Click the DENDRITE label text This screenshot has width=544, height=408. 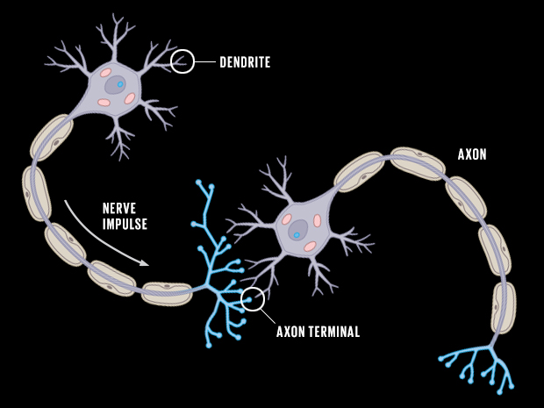(x=245, y=62)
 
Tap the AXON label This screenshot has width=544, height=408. (x=472, y=154)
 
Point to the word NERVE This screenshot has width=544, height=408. (x=119, y=209)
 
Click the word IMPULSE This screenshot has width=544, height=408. (x=125, y=224)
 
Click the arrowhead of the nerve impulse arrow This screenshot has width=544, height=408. (x=145, y=263)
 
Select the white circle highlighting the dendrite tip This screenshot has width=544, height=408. (x=183, y=61)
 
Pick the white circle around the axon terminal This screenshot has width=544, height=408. (x=253, y=299)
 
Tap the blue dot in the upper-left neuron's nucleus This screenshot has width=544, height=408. (x=120, y=84)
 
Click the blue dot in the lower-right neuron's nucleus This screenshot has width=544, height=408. (x=297, y=235)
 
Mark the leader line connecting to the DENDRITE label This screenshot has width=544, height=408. (x=205, y=61)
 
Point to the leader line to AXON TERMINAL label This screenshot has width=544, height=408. (x=268, y=317)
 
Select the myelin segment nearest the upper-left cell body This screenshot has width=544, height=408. (x=52, y=138)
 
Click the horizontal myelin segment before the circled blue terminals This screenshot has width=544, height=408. (x=167, y=294)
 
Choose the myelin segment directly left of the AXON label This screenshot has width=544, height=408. (x=418, y=163)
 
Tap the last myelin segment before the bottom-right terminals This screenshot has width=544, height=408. (x=503, y=308)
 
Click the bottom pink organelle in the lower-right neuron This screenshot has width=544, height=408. (x=310, y=247)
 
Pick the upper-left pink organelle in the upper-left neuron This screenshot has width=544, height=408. (x=106, y=73)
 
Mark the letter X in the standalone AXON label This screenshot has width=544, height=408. (x=469, y=154)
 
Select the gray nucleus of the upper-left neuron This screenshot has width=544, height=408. (x=115, y=85)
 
